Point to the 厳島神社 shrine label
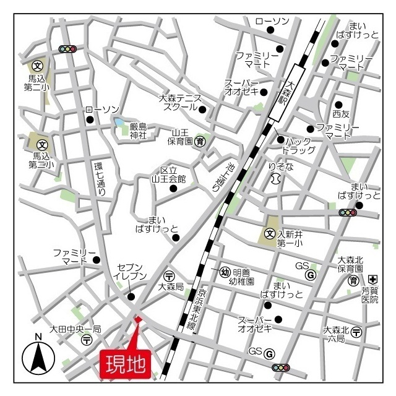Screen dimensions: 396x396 (x=138, y=130)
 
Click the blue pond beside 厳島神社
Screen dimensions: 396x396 (x=119, y=123)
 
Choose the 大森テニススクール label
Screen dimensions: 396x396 (x=180, y=102)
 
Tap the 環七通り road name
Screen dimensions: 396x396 (x=100, y=179)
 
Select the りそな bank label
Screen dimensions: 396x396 (x=280, y=166)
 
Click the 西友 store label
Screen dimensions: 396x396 (x=341, y=114)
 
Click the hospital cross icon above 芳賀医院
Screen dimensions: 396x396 (x=372, y=280)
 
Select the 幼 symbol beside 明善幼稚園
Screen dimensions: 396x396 (x=225, y=272)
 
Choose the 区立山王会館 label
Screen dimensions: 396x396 (x=169, y=174)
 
